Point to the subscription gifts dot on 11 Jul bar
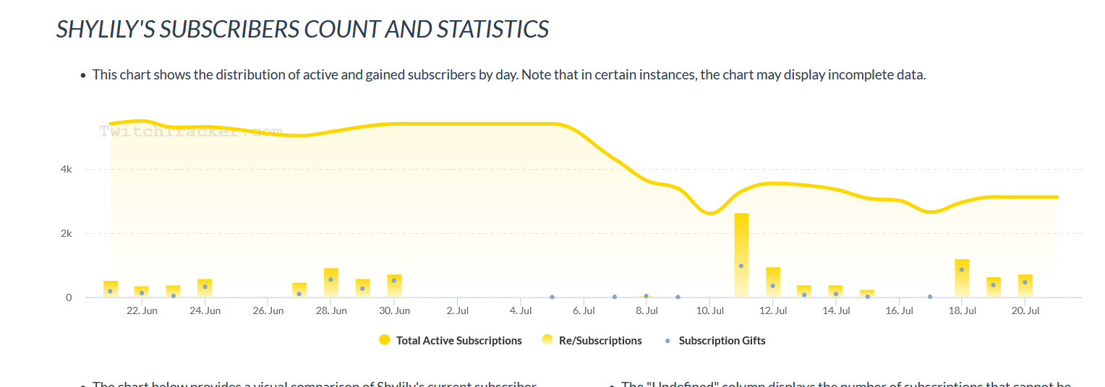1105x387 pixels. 741,266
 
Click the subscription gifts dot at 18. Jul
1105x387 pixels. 962,269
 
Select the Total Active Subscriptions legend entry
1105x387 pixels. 451,341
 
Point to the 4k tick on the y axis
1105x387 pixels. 67,170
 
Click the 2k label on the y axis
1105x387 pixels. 67,234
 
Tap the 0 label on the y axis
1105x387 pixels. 69,297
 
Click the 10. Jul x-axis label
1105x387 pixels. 710,311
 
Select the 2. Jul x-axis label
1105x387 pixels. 457,311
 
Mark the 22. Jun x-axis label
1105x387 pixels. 142,311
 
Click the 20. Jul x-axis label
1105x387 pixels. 1025,311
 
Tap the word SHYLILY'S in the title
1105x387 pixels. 105,30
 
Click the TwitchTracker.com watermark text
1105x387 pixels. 189,131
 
